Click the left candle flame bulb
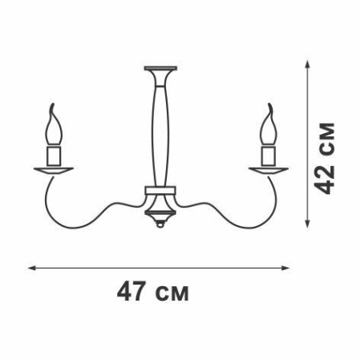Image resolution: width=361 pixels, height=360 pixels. [x=56, y=126]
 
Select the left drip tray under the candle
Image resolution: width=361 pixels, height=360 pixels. [x=55, y=170]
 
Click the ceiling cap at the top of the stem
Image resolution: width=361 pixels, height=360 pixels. [x=161, y=69]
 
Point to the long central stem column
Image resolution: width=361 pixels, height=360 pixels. [x=161, y=128]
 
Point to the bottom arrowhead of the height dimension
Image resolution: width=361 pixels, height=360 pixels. [x=306, y=224]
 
